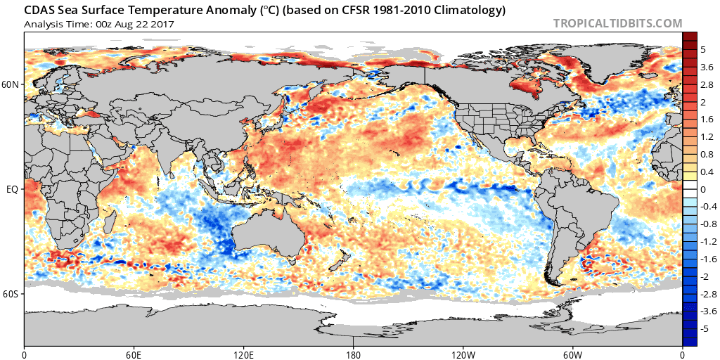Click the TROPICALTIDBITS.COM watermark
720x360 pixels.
(x=617, y=23)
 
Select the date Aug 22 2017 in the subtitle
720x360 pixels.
(x=149, y=25)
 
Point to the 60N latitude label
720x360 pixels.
(x=11, y=85)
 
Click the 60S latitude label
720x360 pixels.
(x=11, y=293)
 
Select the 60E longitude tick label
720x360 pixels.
(x=134, y=354)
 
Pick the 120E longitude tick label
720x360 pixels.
(x=243, y=354)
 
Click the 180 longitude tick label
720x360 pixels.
(x=353, y=354)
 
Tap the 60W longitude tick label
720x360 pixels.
(x=572, y=354)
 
